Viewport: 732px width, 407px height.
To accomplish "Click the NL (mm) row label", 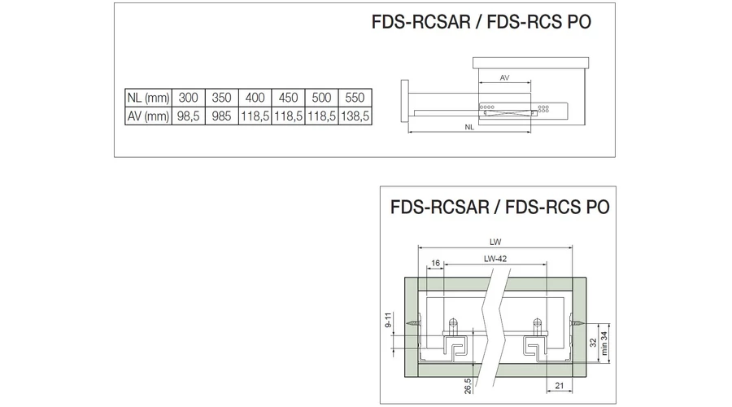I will (x=147, y=98).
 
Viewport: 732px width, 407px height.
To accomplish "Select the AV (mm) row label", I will (x=147, y=116).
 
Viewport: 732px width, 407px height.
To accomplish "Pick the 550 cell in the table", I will (x=355, y=98).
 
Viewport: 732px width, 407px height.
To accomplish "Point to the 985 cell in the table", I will (x=221, y=116).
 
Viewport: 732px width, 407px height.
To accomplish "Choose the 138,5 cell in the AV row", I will (x=355, y=116).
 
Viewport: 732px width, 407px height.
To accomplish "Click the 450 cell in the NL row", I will (x=289, y=98).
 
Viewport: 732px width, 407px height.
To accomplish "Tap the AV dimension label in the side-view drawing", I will (x=505, y=77).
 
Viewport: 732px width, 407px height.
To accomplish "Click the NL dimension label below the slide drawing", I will (x=470, y=128).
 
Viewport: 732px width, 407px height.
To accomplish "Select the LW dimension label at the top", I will (x=496, y=241).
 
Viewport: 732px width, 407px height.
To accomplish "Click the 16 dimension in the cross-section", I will (x=436, y=264).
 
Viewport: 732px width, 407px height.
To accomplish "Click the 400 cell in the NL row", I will (x=255, y=98).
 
